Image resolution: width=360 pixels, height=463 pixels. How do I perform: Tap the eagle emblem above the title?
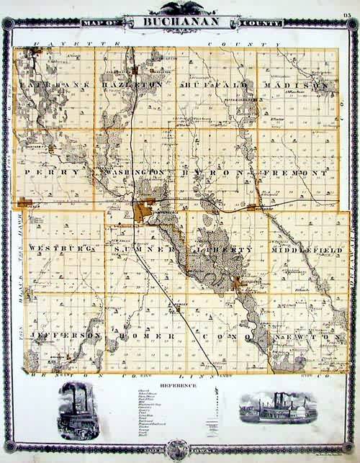pos(179,9)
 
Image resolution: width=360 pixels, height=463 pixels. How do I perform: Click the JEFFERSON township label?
pos(63,336)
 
